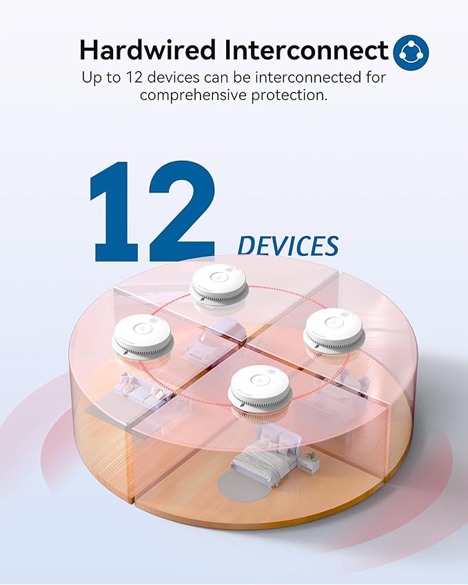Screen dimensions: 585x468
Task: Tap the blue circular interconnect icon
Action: point(411,52)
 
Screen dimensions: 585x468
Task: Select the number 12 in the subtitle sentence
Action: point(142,77)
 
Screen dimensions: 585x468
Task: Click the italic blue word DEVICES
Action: point(287,246)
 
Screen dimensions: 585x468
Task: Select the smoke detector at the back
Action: point(218,284)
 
